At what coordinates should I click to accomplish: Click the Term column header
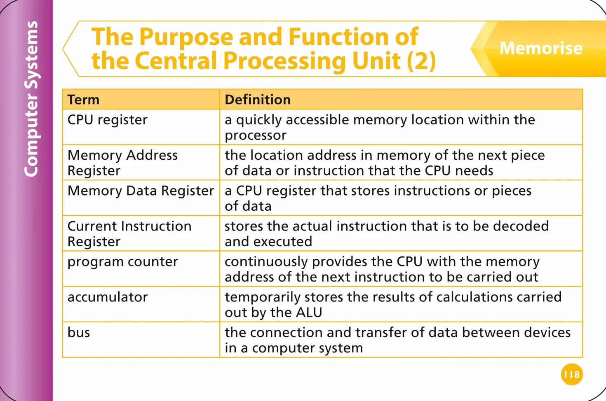(x=83, y=100)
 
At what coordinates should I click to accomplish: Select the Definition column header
(x=258, y=100)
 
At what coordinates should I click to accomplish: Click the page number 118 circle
(x=572, y=374)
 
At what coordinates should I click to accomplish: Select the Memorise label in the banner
(x=541, y=48)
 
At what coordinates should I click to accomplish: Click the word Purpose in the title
(x=186, y=37)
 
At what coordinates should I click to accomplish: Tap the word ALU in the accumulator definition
(x=309, y=312)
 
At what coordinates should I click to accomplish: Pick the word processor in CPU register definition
(x=256, y=135)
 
